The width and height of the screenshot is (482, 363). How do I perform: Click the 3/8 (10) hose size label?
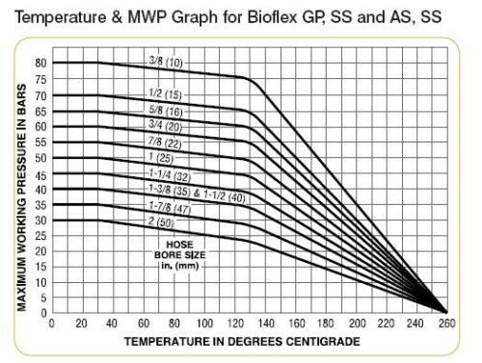[168, 64]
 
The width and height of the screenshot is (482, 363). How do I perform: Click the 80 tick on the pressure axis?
[40, 63]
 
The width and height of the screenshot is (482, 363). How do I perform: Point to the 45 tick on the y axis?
[40, 173]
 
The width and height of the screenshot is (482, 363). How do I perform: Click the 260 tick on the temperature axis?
[446, 324]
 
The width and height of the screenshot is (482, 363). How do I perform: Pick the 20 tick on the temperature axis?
[81, 324]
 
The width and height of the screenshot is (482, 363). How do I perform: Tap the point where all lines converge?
[446, 312]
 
